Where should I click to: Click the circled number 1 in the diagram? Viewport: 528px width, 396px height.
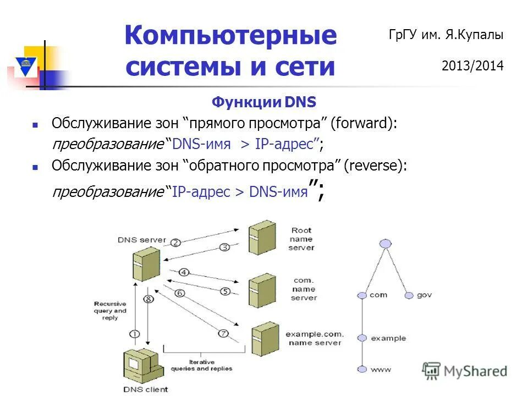(x=135, y=334)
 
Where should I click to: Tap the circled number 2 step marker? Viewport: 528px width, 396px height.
(x=175, y=243)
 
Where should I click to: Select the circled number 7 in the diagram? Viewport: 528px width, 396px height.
(x=223, y=333)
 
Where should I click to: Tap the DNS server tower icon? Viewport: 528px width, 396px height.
(x=146, y=266)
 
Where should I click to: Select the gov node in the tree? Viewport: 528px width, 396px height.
(x=409, y=295)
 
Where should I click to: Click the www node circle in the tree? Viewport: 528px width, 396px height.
(x=361, y=369)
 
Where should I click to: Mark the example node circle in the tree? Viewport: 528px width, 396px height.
(x=361, y=338)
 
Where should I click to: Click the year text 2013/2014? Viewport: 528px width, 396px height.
(x=472, y=67)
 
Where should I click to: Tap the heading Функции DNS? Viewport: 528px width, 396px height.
(x=264, y=102)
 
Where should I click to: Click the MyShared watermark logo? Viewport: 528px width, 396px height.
(x=464, y=371)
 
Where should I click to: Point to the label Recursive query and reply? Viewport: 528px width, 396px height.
(x=110, y=311)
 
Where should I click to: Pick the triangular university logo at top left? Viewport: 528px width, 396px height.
(x=25, y=64)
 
